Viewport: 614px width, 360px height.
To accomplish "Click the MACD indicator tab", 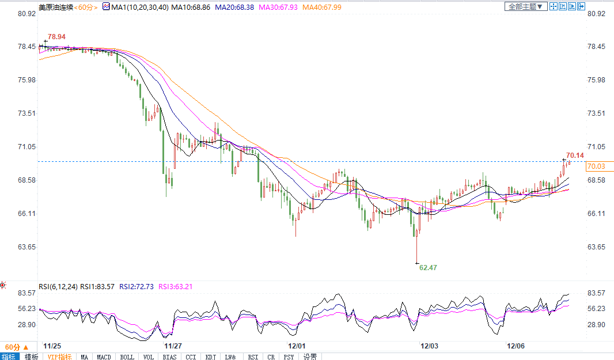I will click(104, 357).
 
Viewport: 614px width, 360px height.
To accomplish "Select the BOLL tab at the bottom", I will click(127, 357).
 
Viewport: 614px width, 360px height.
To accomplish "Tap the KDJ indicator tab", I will click(211, 357).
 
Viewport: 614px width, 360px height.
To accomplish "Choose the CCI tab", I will click(190, 357).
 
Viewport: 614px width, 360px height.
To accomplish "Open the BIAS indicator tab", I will click(169, 357).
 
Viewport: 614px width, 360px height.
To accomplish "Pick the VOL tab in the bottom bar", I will click(148, 357).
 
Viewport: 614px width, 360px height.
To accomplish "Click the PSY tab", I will click(289, 357).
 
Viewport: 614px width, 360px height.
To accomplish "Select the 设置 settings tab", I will click(310, 357).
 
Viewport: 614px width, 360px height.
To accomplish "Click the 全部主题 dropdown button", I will click(524, 6).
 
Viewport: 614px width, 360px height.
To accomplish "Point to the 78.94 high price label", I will click(56, 37).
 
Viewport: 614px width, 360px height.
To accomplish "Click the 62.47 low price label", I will click(428, 268).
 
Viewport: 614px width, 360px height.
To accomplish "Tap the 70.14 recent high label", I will click(575, 156).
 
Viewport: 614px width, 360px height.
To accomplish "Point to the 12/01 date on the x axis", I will click(295, 346).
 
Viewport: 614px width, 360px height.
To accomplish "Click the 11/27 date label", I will click(173, 346).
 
